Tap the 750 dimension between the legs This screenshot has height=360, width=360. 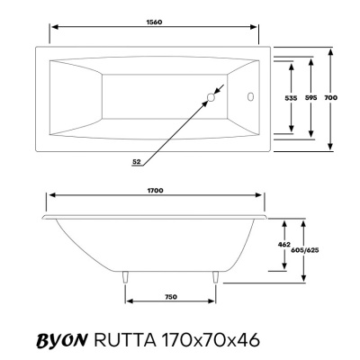coord(169,295)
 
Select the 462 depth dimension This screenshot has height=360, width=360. coord(283,244)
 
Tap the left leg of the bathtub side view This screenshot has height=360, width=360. coord(124,278)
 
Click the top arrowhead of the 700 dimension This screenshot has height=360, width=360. coord(332,49)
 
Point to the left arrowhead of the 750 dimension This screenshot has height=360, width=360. coord(128,303)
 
